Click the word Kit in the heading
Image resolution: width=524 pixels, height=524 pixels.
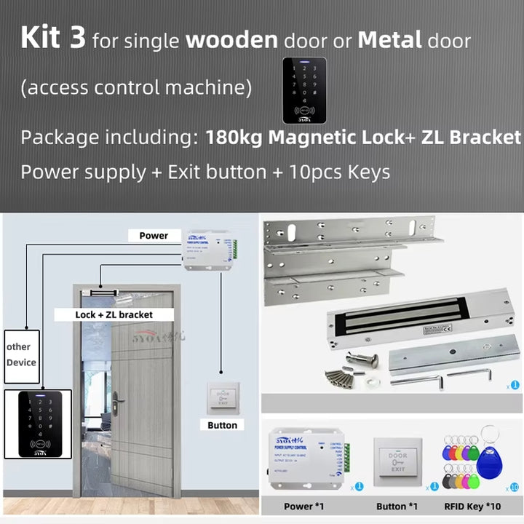(43, 38)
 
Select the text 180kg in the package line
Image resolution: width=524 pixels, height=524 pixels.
(231, 138)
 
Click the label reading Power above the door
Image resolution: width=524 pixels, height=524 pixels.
(154, 236)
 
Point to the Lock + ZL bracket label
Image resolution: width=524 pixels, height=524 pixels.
(114, 314)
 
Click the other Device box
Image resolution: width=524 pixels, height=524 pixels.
(21, 354)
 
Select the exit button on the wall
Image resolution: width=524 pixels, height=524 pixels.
(222, 397)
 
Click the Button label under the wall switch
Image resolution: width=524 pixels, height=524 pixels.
(222, 425)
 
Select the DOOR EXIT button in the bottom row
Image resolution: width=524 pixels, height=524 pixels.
(397, 462)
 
